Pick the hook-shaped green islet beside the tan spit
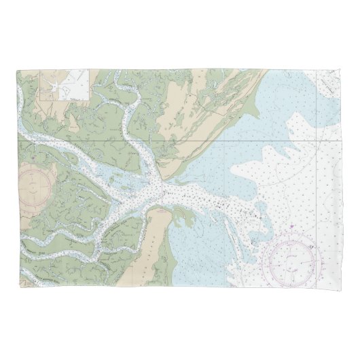point(179,219)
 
